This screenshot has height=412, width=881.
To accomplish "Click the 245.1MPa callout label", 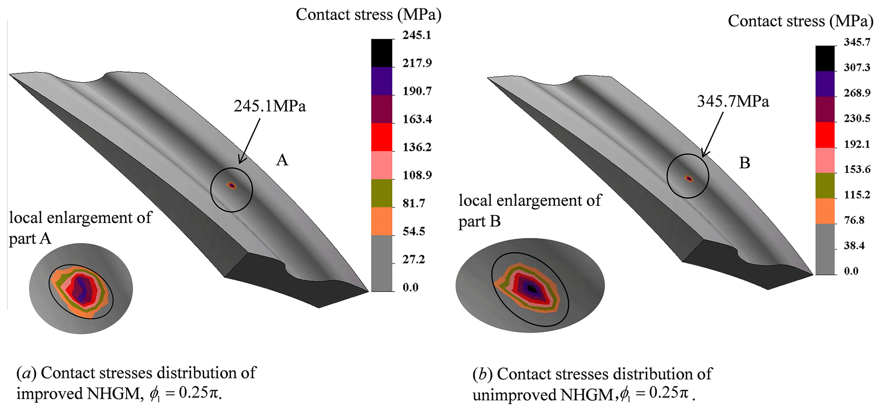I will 269,106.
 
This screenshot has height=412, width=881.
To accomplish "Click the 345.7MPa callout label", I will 733,101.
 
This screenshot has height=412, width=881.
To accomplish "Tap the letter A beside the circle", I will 282,160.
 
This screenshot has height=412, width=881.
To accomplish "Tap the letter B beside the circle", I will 744,163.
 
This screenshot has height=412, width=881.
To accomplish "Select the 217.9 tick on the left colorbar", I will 417,63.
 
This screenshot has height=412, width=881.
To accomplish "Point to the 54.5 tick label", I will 414,232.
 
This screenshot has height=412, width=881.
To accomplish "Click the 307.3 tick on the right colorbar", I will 857,68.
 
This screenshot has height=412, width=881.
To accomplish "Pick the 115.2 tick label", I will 857,195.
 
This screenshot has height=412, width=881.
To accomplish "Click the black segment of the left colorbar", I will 381,53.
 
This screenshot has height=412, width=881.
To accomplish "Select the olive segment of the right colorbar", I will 825,185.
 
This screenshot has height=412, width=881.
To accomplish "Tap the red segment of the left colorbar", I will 381,137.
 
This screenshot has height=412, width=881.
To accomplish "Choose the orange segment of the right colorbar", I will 825,211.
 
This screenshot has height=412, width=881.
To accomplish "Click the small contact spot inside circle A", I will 231,185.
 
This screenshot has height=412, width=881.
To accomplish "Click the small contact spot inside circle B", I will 689,179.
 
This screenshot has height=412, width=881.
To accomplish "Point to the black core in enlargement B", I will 531,288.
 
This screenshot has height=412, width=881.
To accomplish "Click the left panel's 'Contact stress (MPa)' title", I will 368,14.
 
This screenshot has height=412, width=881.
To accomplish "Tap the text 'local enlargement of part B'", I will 529,210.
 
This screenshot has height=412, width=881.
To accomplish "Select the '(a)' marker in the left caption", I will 26,373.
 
